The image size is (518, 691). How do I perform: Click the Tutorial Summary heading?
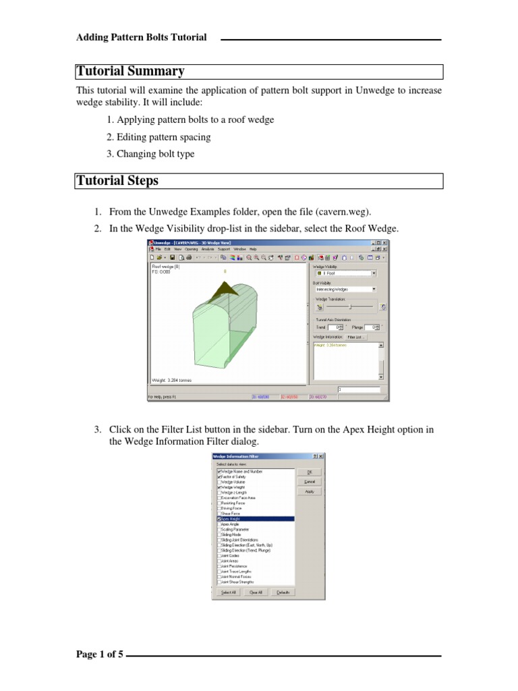tap(130, 72)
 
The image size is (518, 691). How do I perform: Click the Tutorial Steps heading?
tap(117, 180)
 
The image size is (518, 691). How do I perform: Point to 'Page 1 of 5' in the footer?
tap(99, 655)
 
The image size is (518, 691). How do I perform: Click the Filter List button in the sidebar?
tap(355, 336)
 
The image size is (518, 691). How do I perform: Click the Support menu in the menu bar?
tap(223, 249)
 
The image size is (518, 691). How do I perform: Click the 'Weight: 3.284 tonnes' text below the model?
tap(171, 380)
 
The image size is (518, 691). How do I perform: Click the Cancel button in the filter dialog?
tap(310, 482)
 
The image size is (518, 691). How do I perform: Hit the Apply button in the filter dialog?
tap(310, 491)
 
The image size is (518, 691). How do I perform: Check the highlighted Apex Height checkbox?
tap(219, 519)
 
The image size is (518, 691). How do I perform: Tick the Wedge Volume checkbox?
tap(219, 481)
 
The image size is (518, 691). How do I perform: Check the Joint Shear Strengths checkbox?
tap(219, 581)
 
